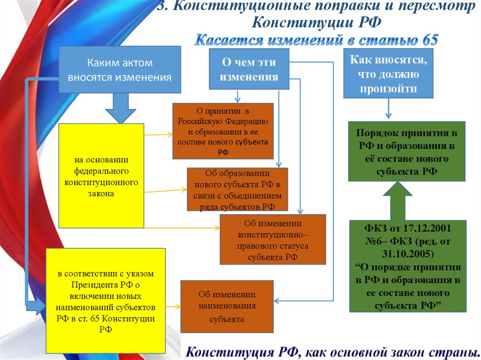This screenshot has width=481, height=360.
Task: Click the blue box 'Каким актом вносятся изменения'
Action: pyautogui.click(x=119, y=69)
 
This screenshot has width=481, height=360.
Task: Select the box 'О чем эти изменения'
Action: pyautogui.click(x=249, y=69)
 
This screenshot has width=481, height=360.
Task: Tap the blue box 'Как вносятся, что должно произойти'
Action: pyautogui.click(x=388, y=73)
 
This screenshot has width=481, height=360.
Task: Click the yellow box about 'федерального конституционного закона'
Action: pyautogui.click(x=101, y=176)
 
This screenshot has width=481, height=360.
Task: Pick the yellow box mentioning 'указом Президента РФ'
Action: pyautogui.click(x=106, y=301)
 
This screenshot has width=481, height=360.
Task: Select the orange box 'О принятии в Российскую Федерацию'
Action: pyautogui.click(x=223, y=131)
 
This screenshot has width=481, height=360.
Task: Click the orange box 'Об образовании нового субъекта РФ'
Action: pyautogui.click(x=237, y=189)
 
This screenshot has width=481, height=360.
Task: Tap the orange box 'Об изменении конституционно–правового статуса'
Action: pyautogui.click(x=272, y=239)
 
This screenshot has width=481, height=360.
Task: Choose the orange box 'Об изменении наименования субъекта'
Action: pyautogui.click(x=227, y=306)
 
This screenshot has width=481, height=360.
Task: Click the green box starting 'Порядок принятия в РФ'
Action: pyautogui.click(x=406, y=151)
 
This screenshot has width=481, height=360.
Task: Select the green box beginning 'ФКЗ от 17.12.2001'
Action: pyautogui.click(x=407, y=266)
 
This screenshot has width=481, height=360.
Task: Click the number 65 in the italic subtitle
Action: pyautogui.click(x=430, y=40)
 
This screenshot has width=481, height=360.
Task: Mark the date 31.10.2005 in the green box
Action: pyautogui.click(x=407, y=254)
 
